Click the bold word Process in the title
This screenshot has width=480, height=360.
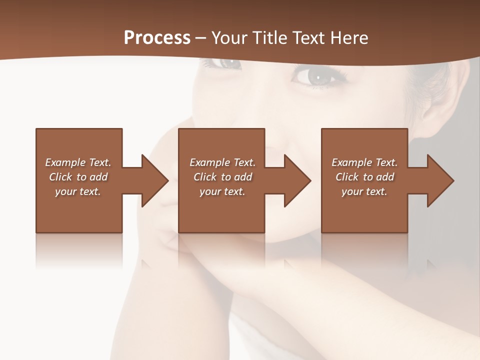tap(157, 38)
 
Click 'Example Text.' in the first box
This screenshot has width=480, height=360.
tap(78, 162)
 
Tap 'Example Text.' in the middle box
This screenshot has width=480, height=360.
tap(222, 162)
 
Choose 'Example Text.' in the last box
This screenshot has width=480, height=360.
tap(364, 162)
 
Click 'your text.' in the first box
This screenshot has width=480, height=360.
tap(78, 191)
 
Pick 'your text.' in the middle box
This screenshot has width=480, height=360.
tap(222, 191)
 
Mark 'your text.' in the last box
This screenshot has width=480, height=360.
tap(364, 191)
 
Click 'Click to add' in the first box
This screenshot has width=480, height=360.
tap(78, 177)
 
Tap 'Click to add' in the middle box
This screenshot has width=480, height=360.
tap(222, 177)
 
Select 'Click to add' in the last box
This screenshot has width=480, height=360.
tap(364, 177)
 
